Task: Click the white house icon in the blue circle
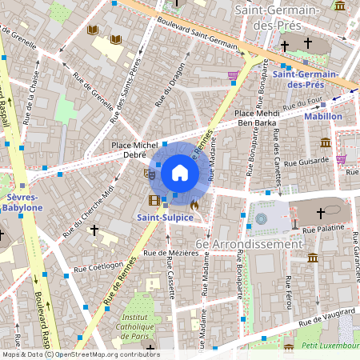(x=180, y=172)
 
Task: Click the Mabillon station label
(x=323, y=117)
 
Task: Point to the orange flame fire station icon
(x=194, y=206)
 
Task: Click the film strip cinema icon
(x=153, y=199)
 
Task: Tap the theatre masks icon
(x=148, y=173)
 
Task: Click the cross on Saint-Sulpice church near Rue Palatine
(x=321, y=214)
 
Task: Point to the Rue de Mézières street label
(x=170, y=253)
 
